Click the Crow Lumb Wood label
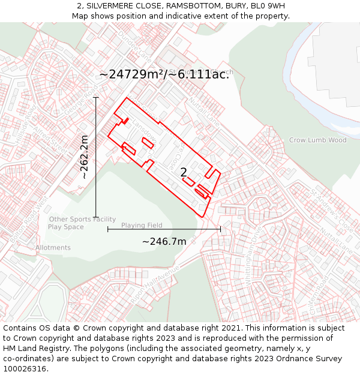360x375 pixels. point(317,140)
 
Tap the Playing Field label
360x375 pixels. point(142,225)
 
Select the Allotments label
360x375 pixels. point(53,247)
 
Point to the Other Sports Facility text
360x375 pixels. point(82,219)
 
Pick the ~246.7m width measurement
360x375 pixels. point(164,241)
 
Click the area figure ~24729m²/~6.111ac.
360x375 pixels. point(164,74)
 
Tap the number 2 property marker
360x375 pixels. point(184,172)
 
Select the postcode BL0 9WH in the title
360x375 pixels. point(268,6)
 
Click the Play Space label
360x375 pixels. point(66,227)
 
